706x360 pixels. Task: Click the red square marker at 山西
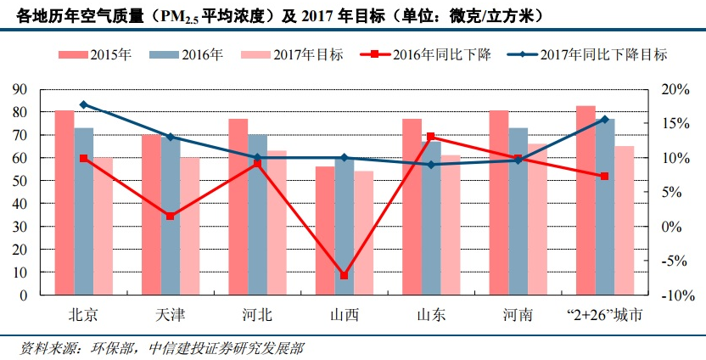click(x=345, y=275)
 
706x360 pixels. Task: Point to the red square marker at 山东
click(x=431, y=137)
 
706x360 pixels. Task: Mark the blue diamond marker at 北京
click(x=83, y=104)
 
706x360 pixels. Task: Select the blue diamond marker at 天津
click(x=171, y=137)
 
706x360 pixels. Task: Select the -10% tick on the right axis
click(x=667, y=295)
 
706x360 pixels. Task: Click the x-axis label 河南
click(x=518, y=315)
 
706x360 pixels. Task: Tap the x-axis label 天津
click(x=171, y=315)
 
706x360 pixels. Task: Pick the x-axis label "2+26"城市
click(x=604, y=315)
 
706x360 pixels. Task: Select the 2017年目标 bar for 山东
click(x=451, y=225)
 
